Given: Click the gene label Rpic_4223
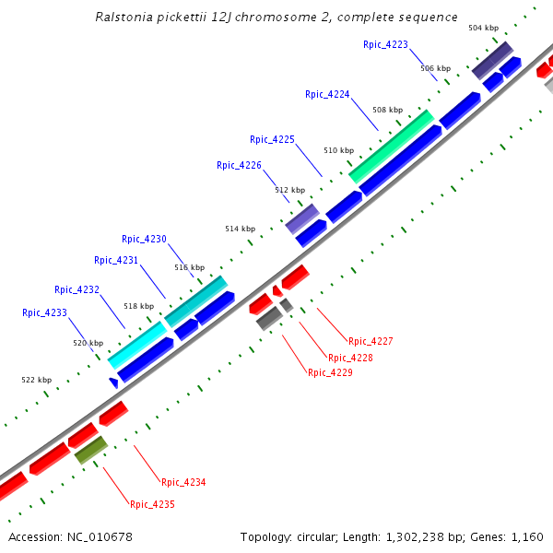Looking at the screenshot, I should (x=385, y=44).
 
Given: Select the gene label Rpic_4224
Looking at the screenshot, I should (x=327, y=94).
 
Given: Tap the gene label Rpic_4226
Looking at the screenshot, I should (x=239, y=166).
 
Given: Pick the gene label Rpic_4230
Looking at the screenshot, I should (x=144, y=240).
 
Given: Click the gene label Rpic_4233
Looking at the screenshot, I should (x=44, y=313).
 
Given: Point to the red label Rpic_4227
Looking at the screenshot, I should (x=371, y=342).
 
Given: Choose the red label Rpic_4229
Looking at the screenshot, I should (x=330, y=373).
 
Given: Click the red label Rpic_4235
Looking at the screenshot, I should (x=152, y=505).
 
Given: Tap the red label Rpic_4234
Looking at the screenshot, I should (x=183, y=483).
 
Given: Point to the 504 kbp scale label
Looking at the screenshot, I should (x=483, y=29).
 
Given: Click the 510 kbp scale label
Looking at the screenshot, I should (x=338, y=150).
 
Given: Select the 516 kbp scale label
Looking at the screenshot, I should (x=189, y=268).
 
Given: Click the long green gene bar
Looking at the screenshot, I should (x=391, y=146).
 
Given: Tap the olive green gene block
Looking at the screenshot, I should (x=91, y=450).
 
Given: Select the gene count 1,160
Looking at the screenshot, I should (x=526, y=537).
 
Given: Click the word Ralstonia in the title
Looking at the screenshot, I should (x=124, y=18).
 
